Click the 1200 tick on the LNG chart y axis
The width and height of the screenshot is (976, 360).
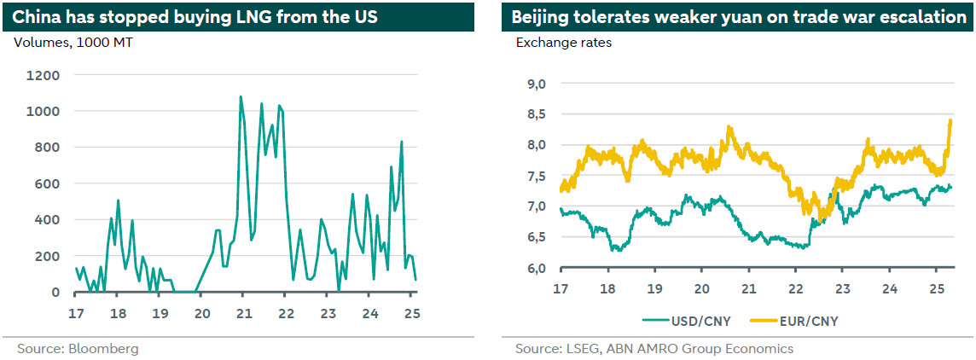(44, 75)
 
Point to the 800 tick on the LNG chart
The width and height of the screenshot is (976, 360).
(48, 148)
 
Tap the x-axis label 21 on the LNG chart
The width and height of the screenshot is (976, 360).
(243, 312)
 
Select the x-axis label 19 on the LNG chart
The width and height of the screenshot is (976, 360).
(160, 312)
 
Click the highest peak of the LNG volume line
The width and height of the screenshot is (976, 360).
(241, 96)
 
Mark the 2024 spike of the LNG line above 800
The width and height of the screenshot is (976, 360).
(401, 142)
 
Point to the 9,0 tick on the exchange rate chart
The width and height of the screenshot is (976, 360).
(537, 84)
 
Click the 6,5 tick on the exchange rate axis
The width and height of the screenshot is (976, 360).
(537, 238)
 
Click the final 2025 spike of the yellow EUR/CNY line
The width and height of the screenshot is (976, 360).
(950, 120)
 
